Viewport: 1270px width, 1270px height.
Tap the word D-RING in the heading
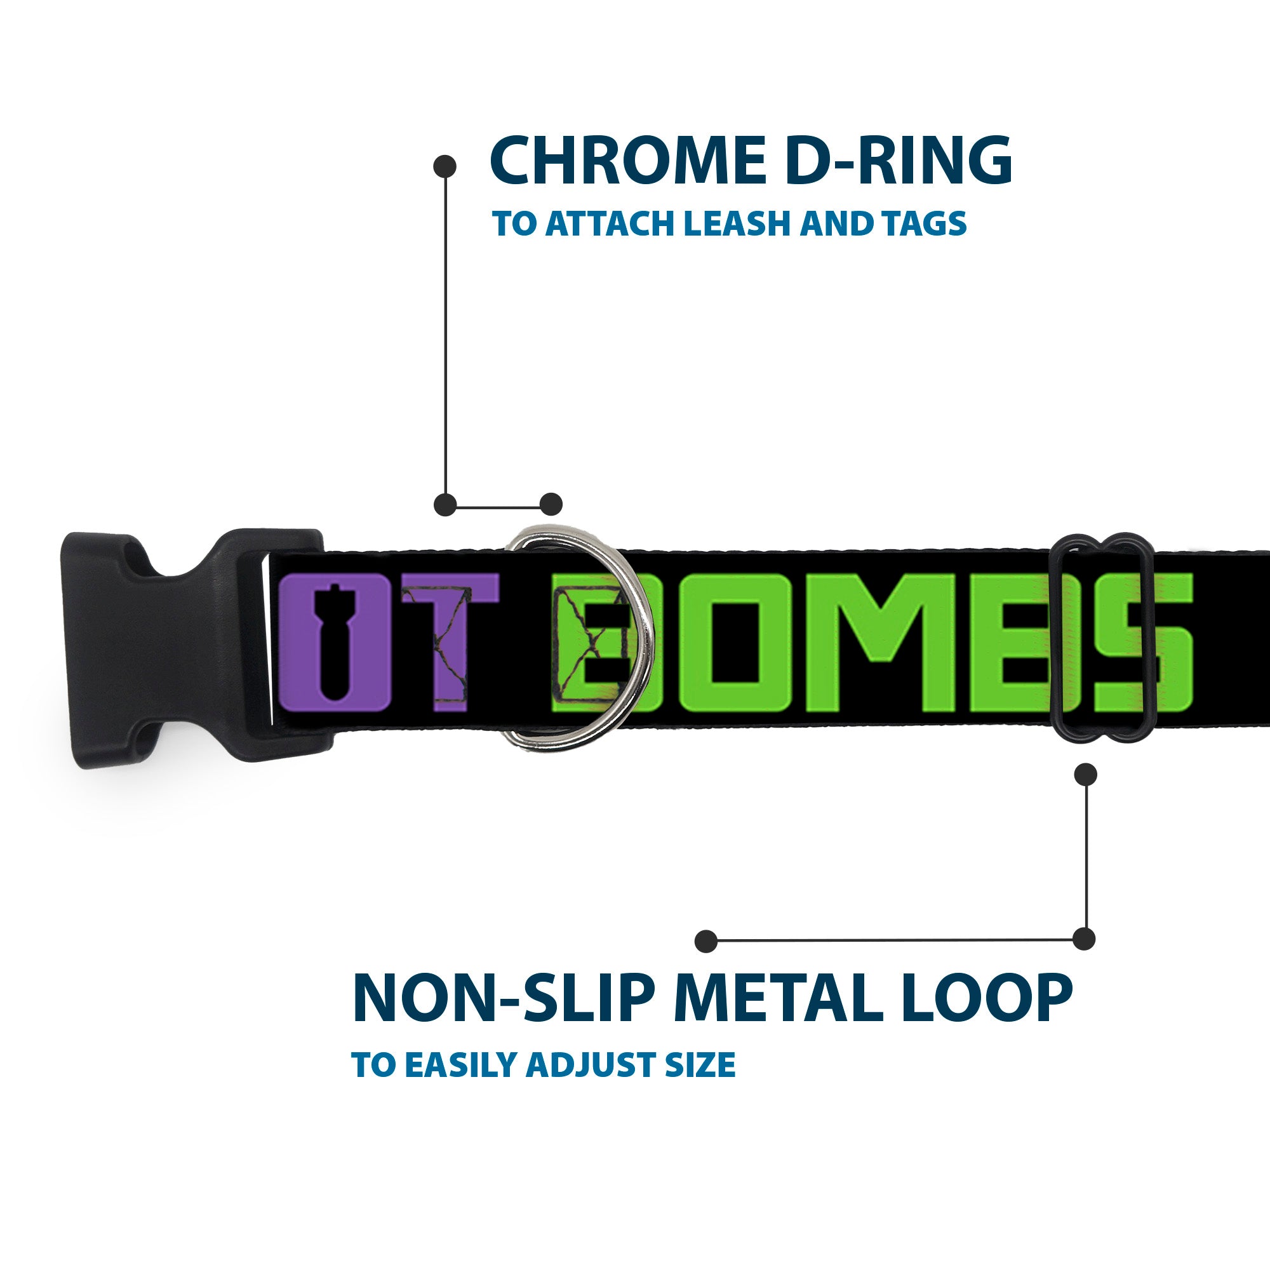point(897,161)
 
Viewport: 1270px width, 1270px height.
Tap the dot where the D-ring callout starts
point(445,166)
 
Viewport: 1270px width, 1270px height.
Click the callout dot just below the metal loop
point(1085,774)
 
